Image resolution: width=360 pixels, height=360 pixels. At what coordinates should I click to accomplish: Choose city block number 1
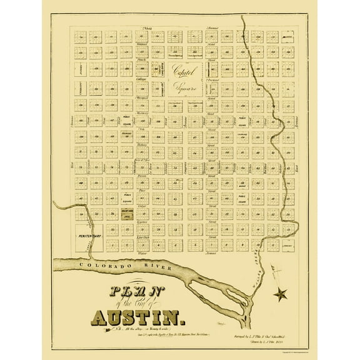tap(129, 246)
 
